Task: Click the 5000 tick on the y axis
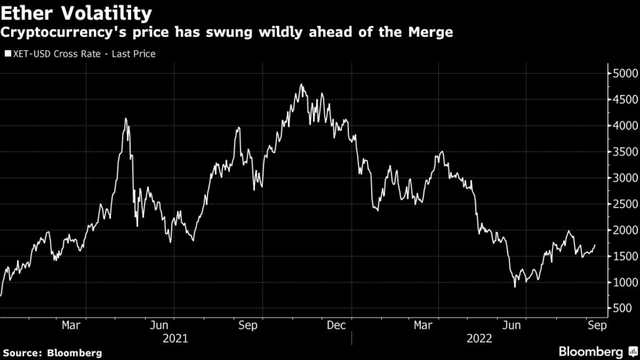pyautogui.click(x=624, y=74)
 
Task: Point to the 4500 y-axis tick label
pyautogui.click(x=624, y=100)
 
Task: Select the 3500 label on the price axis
pyautogui.click(x=624, y=152)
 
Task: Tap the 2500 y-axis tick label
pyautogui.click(x=624, y=204)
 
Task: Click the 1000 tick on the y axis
pyautogui.click(x=624, y=282)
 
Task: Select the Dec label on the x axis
pyautogui.click(x=337, y=325)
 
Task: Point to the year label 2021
pyautogui.click(x=175, y=339)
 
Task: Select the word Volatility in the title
pyautogui.click(x=107, y=12)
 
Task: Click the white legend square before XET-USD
pyautogui.click(x=7, y=54)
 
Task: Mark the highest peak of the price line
pyautogui.click(x=301, y=84)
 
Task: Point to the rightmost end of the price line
pyautogui.click(x=595, y=245)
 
